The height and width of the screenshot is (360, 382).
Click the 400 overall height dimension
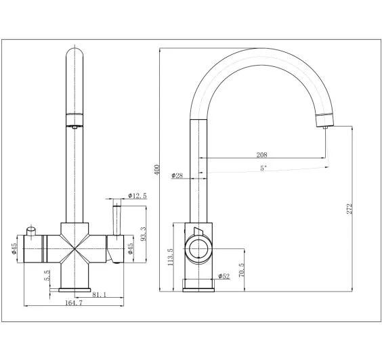[x=157, y=170]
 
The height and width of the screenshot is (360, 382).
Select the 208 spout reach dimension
[x=261, y=154]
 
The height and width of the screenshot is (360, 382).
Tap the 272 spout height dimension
[x=349, y=208]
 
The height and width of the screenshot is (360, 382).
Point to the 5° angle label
[x=263, y=168]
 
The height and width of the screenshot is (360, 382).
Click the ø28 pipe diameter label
[x=177, y=175]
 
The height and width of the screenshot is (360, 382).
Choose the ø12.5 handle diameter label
[x=137, y=196]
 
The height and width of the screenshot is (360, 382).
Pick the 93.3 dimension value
[x=144, y=234]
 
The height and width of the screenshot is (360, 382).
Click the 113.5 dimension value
[x=170, y=256]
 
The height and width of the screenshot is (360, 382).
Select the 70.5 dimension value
[x=241, y=270]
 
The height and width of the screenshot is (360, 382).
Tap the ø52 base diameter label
[x=224, y=276]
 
